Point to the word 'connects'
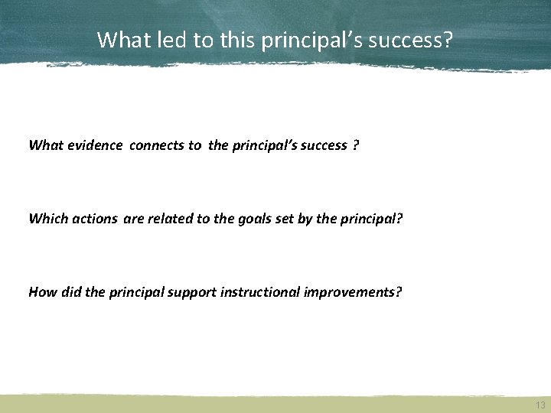click(155, 145)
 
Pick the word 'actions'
click(96, 219)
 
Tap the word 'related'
click(168, 219)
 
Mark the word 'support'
click(200, 291)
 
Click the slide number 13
click(540, 405)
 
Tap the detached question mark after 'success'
click(356, 145)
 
